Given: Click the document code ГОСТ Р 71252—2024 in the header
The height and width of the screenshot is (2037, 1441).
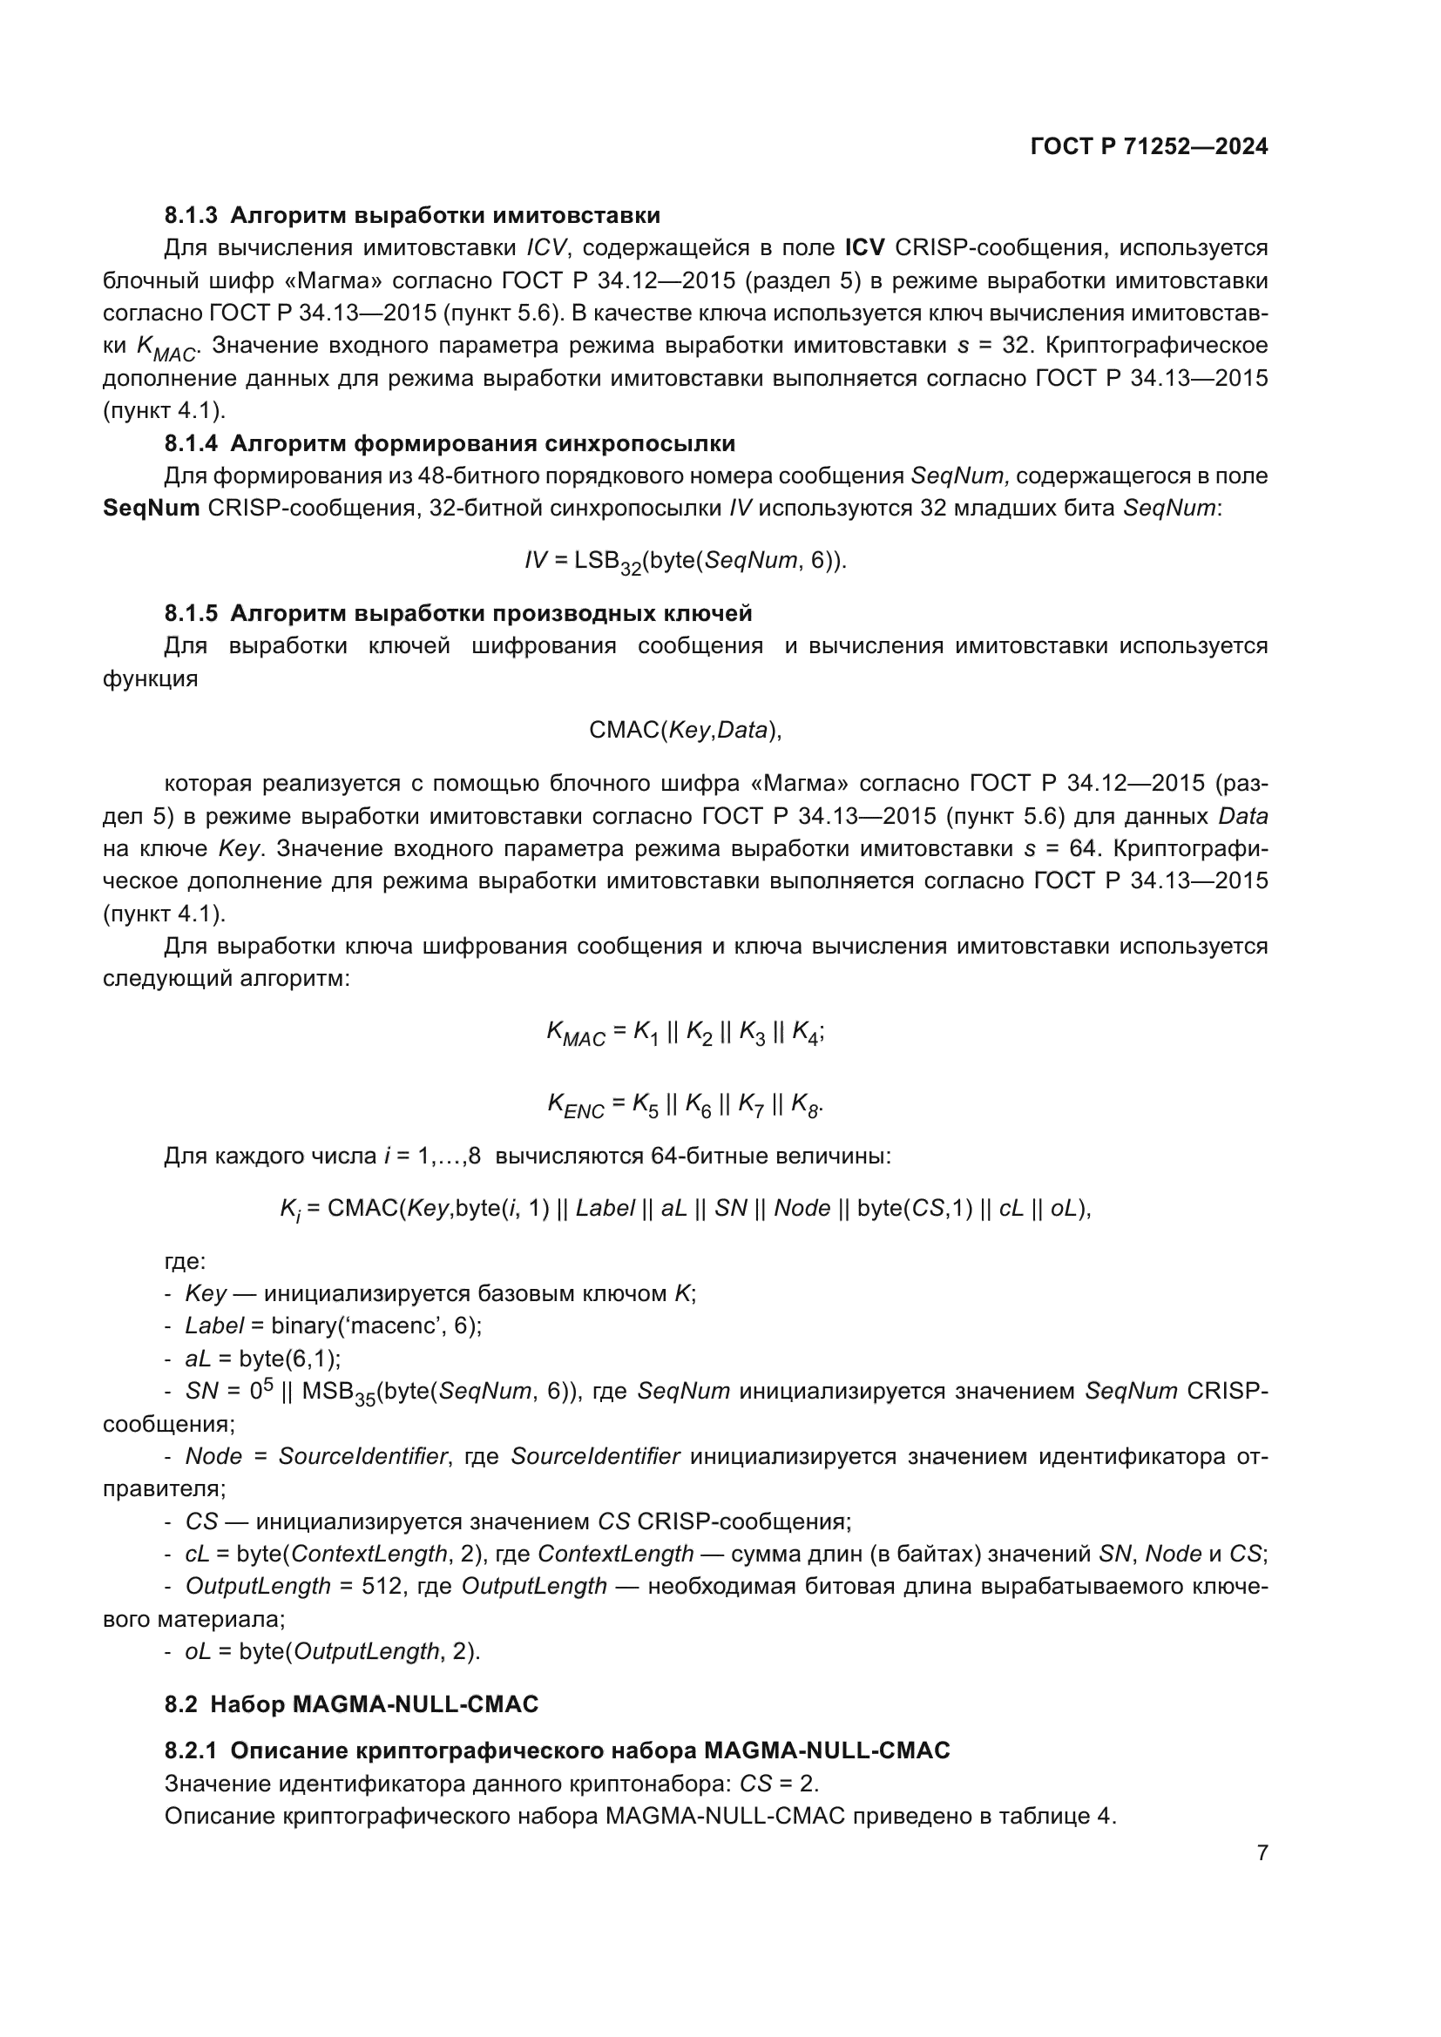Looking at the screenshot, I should click(x=1149, y=146).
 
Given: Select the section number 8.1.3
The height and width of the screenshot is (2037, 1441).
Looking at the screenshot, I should click(x=191, y=216).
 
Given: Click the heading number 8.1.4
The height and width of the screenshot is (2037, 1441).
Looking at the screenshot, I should click(x=191, y=443).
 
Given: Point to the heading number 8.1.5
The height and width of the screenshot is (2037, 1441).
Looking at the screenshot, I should click(x=191, y=613).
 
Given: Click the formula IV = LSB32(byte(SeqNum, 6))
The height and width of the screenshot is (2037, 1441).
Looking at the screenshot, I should click(x=686, y=562).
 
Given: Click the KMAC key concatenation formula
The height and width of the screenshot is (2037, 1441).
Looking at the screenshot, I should click(x=685, y=1033).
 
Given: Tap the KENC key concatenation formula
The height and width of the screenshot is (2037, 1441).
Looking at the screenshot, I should click(x=685, y=1105).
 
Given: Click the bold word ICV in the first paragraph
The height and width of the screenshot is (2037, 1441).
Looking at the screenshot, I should click(x=864, y=247).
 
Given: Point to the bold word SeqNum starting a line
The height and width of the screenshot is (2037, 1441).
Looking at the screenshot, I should click(x=151, y=509).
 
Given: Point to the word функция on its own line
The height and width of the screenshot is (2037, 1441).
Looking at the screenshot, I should click(x=151, y=679).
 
